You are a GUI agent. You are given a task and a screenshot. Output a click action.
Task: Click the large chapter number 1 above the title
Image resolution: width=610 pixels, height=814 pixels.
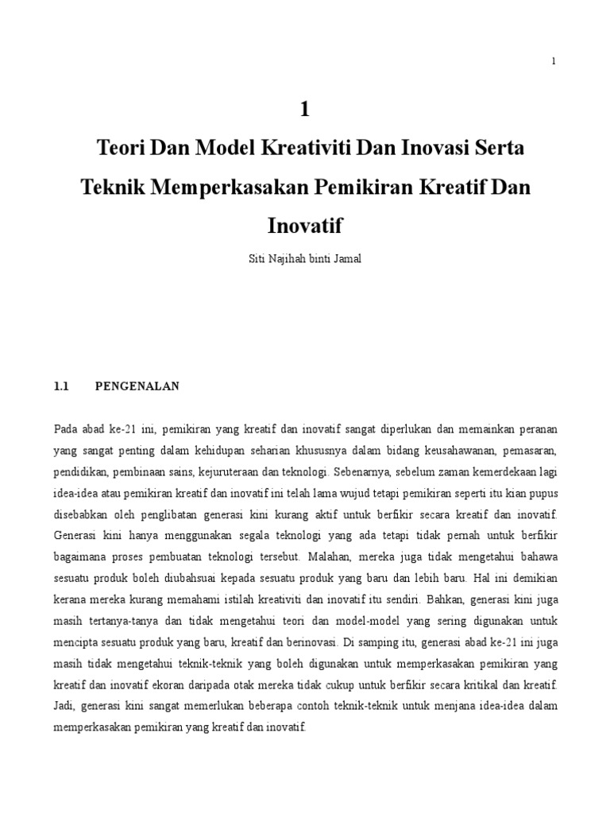(303, 110)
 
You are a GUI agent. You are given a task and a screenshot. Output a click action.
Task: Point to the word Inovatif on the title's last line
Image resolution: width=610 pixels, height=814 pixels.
(303, 226)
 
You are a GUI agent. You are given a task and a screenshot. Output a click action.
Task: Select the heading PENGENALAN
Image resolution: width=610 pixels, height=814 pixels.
(137, 387)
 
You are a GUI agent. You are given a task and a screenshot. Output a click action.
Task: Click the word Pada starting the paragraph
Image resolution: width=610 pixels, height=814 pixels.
(66, 430)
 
